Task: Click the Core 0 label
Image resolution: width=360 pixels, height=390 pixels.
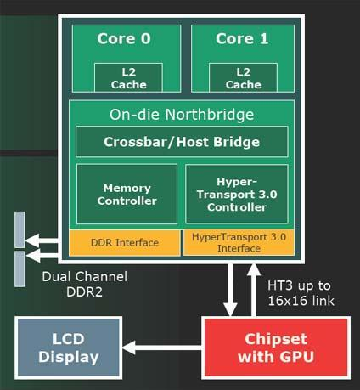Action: pyautogui.click(x=124, y=38)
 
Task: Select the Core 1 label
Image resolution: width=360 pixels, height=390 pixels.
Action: pyautogui.click(x=242, y=38)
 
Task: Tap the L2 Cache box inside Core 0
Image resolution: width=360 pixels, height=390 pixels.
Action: pyautogui.click(x=128, y=77)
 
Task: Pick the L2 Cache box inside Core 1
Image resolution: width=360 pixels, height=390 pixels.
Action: pyautogui.click(x=243, y=77)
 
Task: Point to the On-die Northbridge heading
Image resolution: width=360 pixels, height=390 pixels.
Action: pyautogui.click(x=182, y=115)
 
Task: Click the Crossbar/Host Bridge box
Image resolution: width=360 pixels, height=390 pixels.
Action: pyautogui.click(x=182, y=142)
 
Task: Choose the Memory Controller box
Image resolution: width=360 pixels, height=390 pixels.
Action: pyautogui.click(x=127, y=194)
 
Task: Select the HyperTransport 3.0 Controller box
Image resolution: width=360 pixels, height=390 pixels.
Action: pyautogui.click(x=237, y=194)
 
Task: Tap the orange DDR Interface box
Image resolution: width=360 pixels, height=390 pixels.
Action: pyautogui.click(x=125, y=243)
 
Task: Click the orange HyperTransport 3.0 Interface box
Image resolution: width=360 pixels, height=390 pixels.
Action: pyautogui.click(x=239, y=242)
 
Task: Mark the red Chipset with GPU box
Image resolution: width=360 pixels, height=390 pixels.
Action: pyautogui.click(x=276, y=348)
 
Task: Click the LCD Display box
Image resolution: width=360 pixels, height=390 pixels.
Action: pyautogui.click(x=69, y=348)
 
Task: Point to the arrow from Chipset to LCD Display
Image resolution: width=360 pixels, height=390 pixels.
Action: pyautogui.click(x=162, y=348)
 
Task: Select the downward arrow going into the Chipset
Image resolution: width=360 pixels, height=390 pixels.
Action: pyautogui.click(x=231, y=290)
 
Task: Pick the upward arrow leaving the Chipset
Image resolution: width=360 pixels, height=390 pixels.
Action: pyautogui.click(x=254, y=290)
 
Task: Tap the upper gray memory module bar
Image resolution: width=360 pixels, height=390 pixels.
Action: pyautogui.click(x=20, y=229)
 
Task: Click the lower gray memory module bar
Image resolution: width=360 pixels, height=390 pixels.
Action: pyautogui.click(x=20, y=268)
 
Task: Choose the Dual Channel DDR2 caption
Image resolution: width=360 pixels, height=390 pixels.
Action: pyautogui.click(x=85, y=284)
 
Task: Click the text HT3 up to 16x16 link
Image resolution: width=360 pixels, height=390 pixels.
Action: pyautogui.click(x=301, y=293)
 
